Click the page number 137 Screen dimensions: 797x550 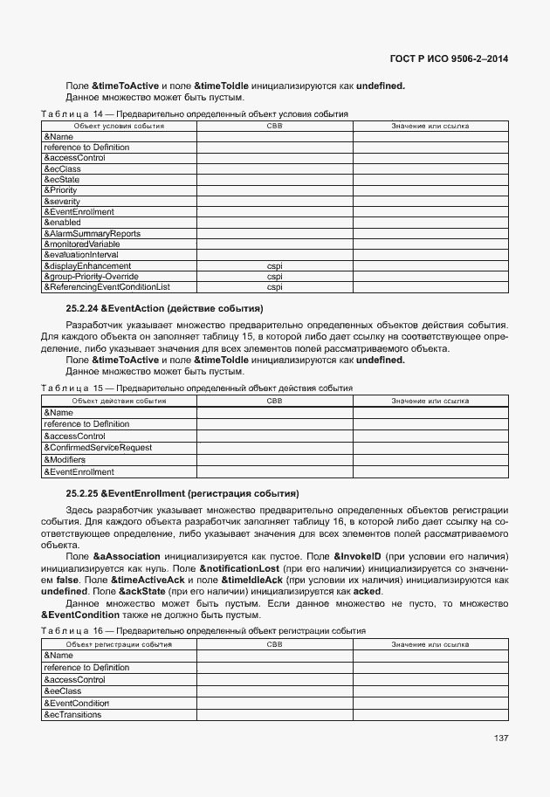click(x=500, y=739)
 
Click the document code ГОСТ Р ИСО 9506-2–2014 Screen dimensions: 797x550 click(x=448, y=59)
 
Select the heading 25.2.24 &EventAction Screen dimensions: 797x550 click(x=164, y=309)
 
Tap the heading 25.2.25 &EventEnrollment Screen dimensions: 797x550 click(x=182, y=493)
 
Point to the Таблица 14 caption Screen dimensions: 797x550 click(x=195, y=114)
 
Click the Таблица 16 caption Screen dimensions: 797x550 click(x=203, y=630)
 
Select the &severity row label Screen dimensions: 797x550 click(x=62, y=201)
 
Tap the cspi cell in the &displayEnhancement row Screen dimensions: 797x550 click(x=274, y=265)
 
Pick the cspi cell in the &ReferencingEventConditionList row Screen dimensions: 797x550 click(x=274, y=286)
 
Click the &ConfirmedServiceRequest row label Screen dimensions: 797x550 click(x=98, y=448)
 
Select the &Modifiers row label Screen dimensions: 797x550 click(x=65, y=459)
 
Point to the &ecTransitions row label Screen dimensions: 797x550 click(x=72, y=715)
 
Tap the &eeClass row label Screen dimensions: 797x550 click(x=62, y=691)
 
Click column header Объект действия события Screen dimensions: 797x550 click(x=119, y=401)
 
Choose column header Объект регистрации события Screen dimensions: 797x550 click(x=119, y=644)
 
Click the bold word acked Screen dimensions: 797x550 click(x=368, y=591)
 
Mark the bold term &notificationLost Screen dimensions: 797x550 click(x=243, y=567)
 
